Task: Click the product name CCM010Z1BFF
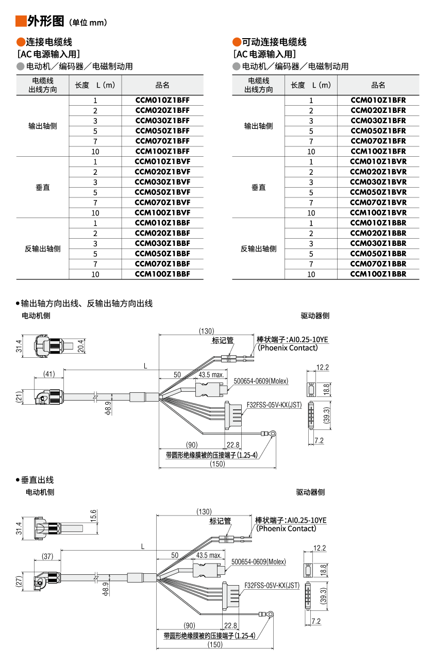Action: (x=162, y=100)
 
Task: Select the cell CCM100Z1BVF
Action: (x=162, y=212)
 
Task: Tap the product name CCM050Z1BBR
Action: (x=378, y=254)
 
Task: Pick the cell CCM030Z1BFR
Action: (x=378, y=121)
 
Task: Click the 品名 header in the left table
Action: (x=162, y=86)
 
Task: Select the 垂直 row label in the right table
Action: (x=259, y=187)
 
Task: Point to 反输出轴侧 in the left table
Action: (x=43, y=248)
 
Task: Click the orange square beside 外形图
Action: (x=21, y=21)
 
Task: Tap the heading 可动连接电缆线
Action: (x=274, y=42)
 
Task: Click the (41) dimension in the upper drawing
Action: (x=49, y=374)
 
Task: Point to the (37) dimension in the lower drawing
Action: (x=47, y=556)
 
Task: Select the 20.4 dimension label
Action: (x=80, y=346)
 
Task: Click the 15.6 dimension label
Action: (x=93, y=516)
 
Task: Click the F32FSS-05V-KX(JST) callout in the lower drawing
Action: (x=272, y=586)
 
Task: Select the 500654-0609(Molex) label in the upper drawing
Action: (x=261, y=381)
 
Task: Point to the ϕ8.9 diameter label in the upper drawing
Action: (x=108, y=408)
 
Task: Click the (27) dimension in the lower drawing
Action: (x=19, y=582)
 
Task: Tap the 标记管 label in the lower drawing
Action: (x=220, y=521)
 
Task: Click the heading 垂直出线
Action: (x=37, y=480)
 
